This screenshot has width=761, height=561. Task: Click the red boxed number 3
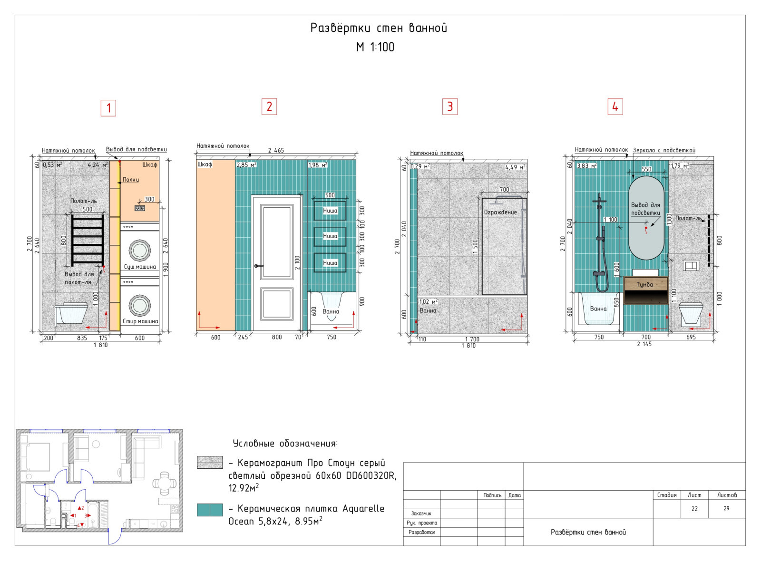450,106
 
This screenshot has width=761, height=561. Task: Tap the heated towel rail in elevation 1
88,240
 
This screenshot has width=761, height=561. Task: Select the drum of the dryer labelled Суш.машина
140,250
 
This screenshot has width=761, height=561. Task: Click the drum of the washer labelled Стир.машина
140,305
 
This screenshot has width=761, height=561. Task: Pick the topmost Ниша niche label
330,211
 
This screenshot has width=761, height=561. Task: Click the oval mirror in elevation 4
646,218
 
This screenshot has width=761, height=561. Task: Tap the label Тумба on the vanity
644,285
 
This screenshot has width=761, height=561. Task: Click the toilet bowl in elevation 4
691,313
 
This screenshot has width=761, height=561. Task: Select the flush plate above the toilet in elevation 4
691,266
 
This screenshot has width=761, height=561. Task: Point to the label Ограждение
500,213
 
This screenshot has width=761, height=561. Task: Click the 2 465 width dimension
276,150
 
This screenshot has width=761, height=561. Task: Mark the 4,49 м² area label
515,167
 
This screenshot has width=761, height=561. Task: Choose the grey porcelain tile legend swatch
210,462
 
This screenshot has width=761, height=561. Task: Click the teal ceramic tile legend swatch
210,510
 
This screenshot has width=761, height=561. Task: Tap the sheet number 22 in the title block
694,509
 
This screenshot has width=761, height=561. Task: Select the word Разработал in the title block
421,532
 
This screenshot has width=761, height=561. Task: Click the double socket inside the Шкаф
140,208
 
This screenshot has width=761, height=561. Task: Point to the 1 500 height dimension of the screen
475,247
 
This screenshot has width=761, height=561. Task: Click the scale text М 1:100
375,47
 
